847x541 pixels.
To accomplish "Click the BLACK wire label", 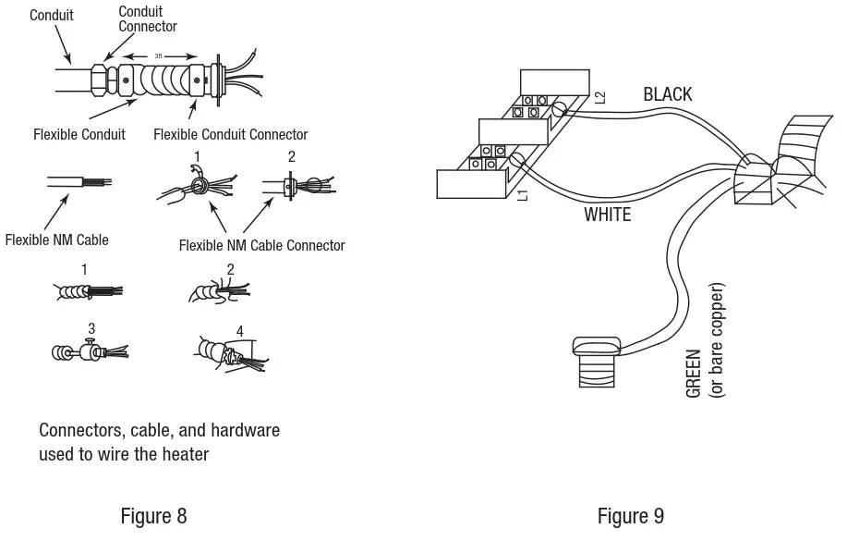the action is (667, 94).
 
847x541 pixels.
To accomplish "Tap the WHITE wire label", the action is (607, 215).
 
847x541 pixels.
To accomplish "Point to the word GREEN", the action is (693, 374).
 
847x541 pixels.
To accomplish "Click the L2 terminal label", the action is (600, 97).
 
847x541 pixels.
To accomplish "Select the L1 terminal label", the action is (523, 195).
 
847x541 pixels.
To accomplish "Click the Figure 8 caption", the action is (153, 516).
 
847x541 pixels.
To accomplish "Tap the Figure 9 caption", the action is (630, 516).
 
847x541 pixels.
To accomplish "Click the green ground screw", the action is (597, 362).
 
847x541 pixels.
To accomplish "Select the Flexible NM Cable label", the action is (56, 240).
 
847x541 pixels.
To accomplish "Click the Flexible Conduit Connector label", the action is (231, 134).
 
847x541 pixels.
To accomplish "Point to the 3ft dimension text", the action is (158, 55).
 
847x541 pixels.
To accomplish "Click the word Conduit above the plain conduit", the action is (52, 15).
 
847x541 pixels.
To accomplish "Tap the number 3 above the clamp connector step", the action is (91, 328).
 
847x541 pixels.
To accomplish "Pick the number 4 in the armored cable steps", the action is (240, 330).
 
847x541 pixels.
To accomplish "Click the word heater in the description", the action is (185, 454).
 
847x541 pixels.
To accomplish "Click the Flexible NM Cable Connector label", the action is (262, 246).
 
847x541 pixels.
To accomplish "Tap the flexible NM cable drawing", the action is (79, 182).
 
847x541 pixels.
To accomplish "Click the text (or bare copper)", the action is (716, 340).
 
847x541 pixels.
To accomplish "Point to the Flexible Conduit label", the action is (79, 134).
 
